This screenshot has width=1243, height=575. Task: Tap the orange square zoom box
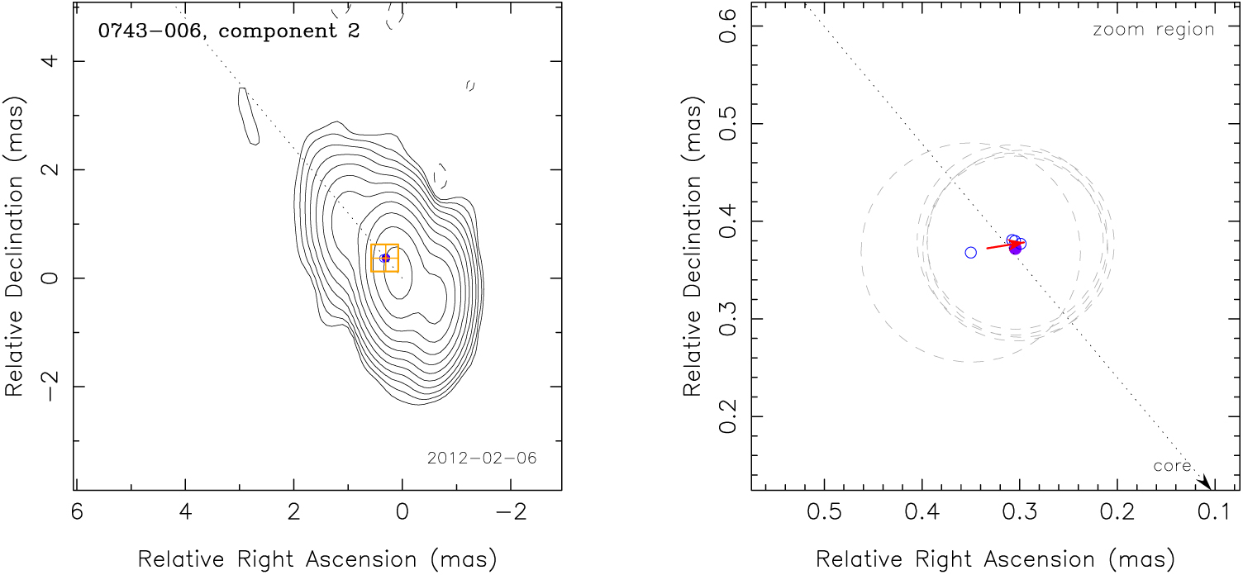click(x=384, y=258)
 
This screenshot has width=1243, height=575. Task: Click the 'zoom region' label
click(x=1153, y=30)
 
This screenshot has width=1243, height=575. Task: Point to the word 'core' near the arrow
click(x=1172, y=467)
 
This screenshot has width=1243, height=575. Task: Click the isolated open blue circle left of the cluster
click(x=971, y=252)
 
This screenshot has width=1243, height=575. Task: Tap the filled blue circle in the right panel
click(x=1016, y=249)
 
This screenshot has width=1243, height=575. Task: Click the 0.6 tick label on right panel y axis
click(x=731, y=26)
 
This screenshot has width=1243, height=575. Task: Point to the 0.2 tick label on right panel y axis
click(x=731, y=416)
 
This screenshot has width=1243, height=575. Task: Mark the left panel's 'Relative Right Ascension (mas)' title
click(x=318, y=559)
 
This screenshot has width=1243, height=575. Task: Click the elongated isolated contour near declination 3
click(x=247, y=116)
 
